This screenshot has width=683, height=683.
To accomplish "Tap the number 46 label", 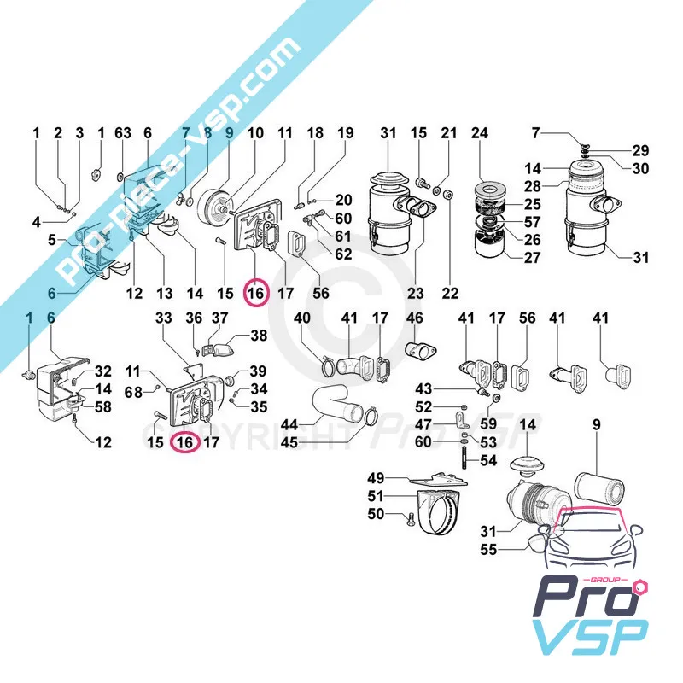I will click(414, 318).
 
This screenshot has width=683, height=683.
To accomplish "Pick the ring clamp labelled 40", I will click(325, 369).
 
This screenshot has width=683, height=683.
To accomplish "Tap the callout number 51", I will click(376, 496).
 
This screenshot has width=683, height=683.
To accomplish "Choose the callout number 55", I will click(488, 551).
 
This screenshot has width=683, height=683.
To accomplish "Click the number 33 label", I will click(164, 318).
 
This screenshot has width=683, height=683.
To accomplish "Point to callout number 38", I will click(258, 336).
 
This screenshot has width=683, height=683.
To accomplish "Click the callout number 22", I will click(450, 294).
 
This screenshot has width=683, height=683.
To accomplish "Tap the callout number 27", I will click(533, 258).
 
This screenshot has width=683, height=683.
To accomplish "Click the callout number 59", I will click(487, 423).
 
